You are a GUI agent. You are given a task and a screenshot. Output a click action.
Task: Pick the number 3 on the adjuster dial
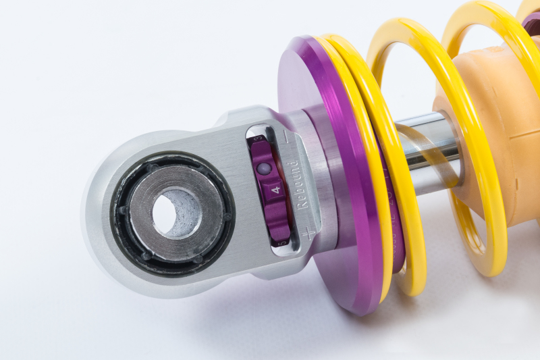(x=259, y=140)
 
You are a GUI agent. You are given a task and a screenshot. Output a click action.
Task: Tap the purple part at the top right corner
(x=531, y=20)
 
